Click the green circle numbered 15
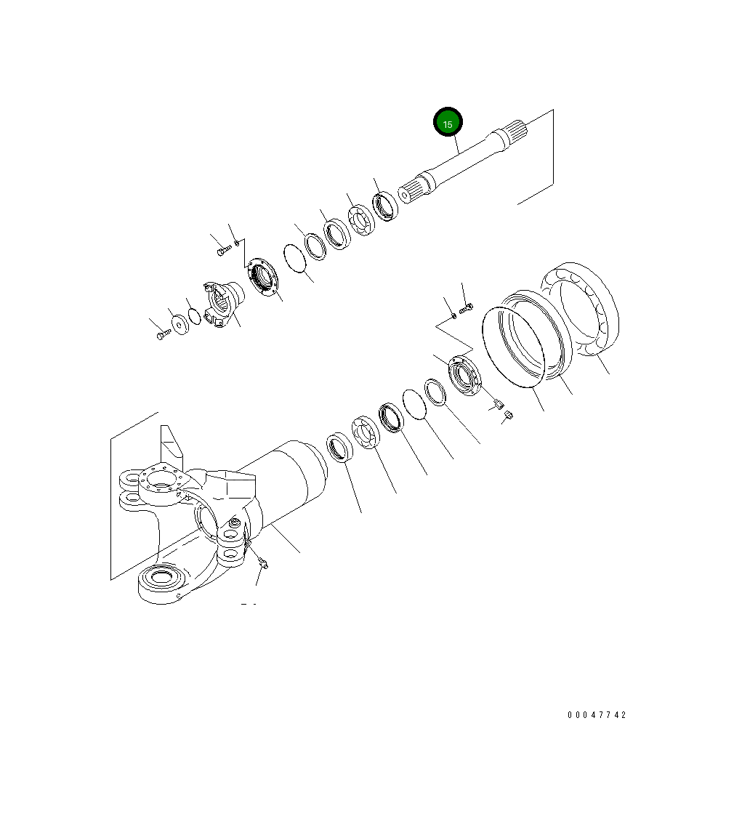[448, 122]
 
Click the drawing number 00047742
[597, 715]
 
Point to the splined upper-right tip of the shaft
[519, 130]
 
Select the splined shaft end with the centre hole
[411, 190]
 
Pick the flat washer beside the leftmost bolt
[181, 324]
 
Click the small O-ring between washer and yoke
[194, 316]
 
